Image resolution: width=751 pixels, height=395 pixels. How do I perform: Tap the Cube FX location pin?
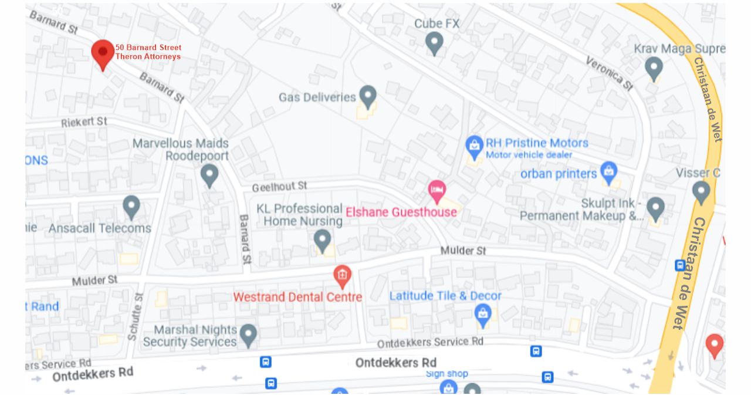(434, 42)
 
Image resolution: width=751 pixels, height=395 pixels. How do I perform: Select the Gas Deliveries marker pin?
(368, 96)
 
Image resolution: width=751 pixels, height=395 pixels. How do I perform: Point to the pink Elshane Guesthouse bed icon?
(437, 190)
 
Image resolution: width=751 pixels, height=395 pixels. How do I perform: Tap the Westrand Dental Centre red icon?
(342, 275)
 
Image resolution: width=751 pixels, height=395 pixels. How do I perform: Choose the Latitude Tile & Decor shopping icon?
(482, 314)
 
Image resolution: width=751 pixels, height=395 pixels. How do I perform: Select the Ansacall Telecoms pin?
(131, 206)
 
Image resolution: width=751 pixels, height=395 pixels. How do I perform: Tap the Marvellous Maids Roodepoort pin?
(209, 174)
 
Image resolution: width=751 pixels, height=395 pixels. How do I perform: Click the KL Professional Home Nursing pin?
(322, 239)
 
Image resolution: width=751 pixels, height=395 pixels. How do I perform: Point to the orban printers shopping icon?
(609, 171)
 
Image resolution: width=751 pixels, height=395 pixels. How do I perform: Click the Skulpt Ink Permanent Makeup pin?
(655, 208)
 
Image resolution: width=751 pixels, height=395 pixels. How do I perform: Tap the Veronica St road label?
(609, 74)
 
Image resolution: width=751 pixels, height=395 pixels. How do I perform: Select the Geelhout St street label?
(279, 187)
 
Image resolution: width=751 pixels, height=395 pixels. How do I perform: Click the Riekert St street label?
(84, 122)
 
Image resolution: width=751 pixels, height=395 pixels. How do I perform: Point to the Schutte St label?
(134, 316)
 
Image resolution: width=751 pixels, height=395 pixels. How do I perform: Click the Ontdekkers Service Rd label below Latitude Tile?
(430, 342)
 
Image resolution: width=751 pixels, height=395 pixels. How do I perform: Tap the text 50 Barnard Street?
(148, 48)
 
